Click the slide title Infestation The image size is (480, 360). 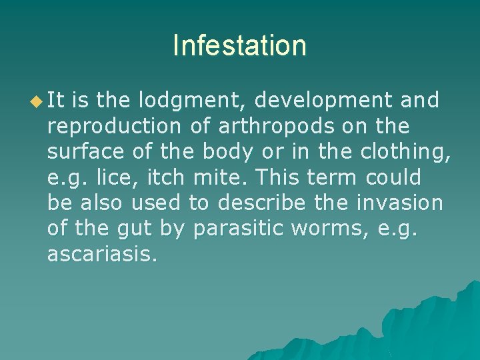point(239,46)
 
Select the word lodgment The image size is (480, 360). point(193,101)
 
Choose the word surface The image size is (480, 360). point(85,152)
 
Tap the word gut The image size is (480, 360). point(137,229)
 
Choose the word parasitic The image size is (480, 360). point(232,229)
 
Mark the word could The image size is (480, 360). point(398,177)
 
